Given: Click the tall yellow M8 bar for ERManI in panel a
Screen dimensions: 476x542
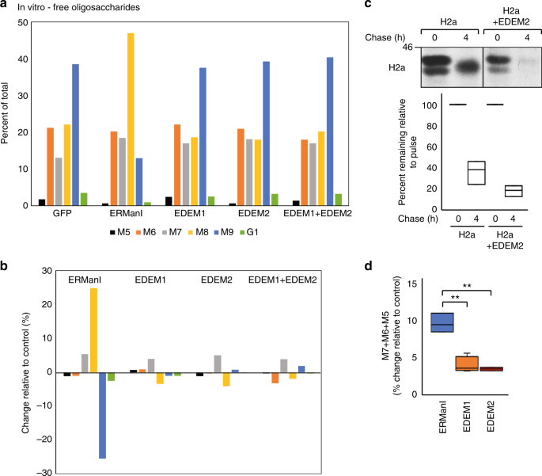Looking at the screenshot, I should pyautogui.click(x=131, y=119).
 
